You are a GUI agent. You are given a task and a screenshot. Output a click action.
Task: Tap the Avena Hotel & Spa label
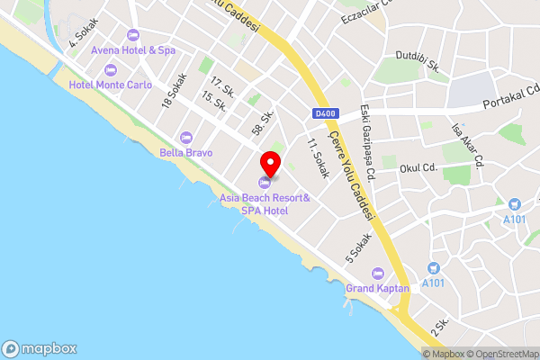pos(139,50)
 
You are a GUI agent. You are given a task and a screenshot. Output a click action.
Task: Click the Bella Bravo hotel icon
pos(186,138)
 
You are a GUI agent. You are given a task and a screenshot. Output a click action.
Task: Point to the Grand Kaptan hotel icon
pos(377,274)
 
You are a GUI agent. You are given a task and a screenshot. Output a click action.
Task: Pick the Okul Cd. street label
pos(418,167)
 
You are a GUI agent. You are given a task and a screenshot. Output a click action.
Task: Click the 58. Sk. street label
pos(263,124)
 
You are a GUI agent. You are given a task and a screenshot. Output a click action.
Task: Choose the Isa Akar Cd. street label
pos(466,144)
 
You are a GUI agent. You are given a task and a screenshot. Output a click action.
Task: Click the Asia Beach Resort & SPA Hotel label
pos(265,203)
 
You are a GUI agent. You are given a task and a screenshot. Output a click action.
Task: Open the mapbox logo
pos(40,348)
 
